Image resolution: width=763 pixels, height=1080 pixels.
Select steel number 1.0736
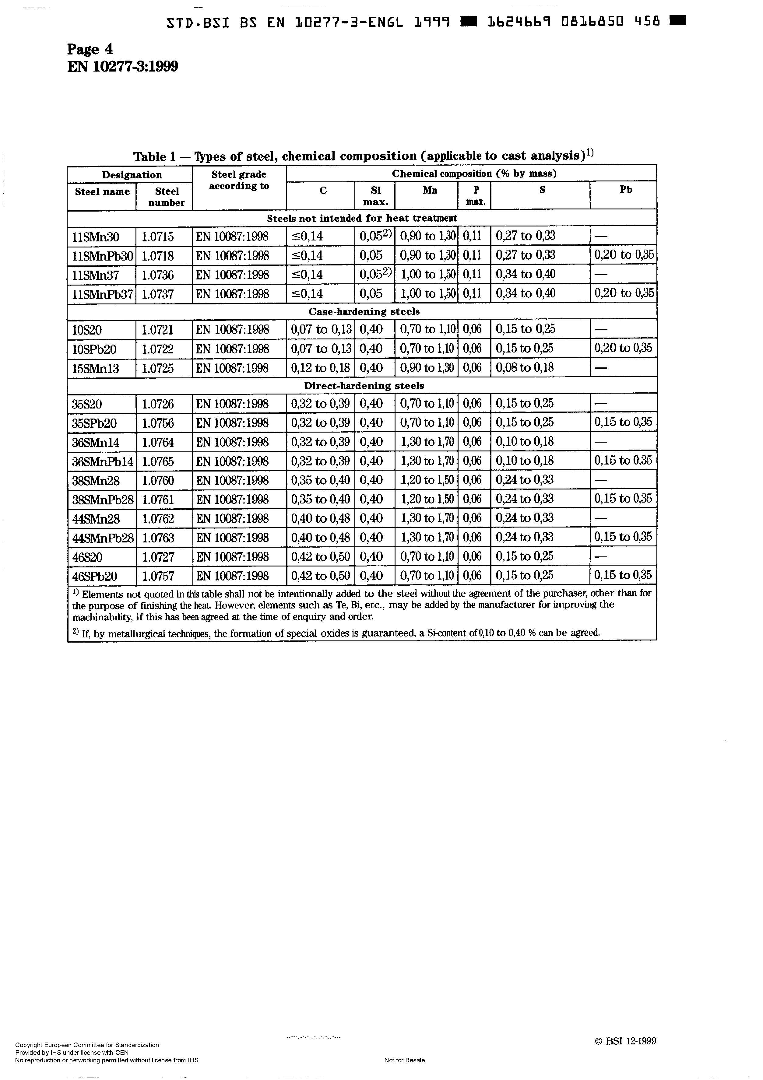click(x=158, y=275)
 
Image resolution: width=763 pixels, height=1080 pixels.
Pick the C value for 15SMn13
click(x=321, y=368)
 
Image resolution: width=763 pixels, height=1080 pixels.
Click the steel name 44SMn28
click(x=96, y=519)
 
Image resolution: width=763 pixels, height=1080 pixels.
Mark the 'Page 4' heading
click(x=90, y=49)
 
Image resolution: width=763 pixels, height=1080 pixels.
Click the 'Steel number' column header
click(x=167, y=197)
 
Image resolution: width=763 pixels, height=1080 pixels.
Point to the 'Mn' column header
click(x=430, y=190)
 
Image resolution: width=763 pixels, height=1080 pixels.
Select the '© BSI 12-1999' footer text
click(x=625, y=1041)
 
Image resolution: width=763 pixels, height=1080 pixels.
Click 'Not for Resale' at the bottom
click(x=404, y=1060)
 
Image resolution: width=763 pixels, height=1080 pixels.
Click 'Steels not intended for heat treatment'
click(x=362, y=218)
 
